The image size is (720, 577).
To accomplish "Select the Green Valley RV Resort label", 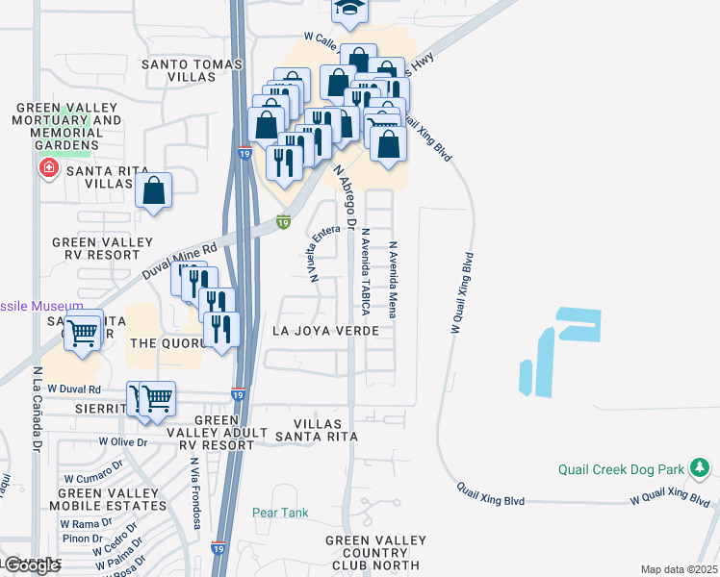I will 102,249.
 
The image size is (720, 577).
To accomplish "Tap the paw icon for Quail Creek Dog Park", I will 701,469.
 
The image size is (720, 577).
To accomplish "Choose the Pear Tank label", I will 281,513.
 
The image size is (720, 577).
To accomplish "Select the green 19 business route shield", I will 283,222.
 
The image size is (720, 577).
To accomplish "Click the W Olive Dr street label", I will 122,442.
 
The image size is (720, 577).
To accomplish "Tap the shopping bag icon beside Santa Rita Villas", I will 154,190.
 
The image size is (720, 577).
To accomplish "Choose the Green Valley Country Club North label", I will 372,553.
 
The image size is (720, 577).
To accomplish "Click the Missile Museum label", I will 35,306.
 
